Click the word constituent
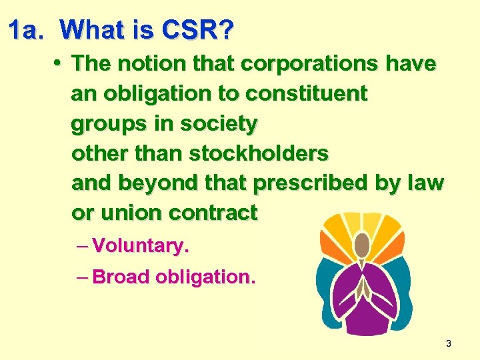pos(306,93)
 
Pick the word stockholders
pos(259,153)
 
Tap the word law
pos(427,183)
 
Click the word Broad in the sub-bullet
pos(121,277)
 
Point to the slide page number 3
pos(448,343)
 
